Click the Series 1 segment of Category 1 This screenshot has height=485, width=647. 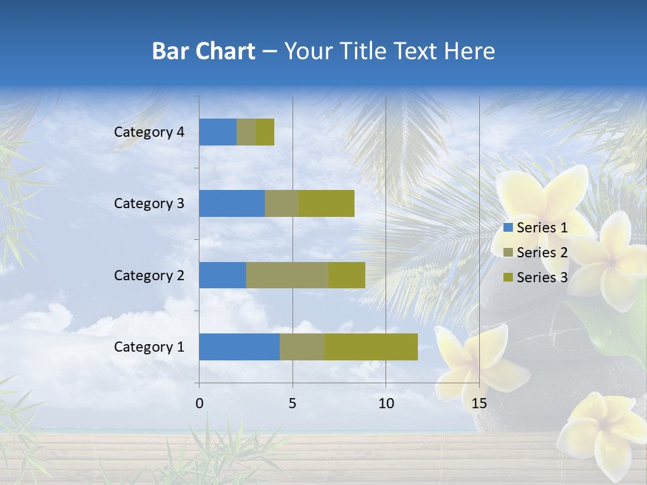(x=239, y=347)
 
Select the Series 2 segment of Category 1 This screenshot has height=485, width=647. (x=302, y=347)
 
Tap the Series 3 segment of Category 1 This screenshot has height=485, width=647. (x=371, y=347)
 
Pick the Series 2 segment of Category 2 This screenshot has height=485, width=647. (x=287, y=275)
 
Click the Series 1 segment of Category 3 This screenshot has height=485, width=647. (x=232, y=203)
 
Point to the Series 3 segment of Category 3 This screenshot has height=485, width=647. (x=327, y=203)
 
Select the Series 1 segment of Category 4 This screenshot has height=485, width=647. (x=218, y=132)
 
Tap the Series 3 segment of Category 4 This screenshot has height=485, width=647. (x=265, y=132)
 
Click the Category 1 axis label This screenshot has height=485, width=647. (x=149, y=347)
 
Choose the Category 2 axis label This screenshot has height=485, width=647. (x=149, y=275)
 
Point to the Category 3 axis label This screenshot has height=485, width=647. (x=149, y=203)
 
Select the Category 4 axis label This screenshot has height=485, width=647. (x=149, y=132)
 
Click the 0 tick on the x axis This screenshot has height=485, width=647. (x=199, y=403)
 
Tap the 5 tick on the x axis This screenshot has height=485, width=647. (x=292, y=403)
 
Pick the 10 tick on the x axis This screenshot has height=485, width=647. (x=386, y=403)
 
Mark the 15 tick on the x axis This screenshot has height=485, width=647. (x=479, y=403)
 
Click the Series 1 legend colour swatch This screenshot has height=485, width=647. (x=508, y=228)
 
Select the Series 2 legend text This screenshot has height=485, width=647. (x=542, y=253)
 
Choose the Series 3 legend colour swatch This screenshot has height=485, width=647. (x=508, y=278)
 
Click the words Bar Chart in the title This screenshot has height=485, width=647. (x=204, y=51)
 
